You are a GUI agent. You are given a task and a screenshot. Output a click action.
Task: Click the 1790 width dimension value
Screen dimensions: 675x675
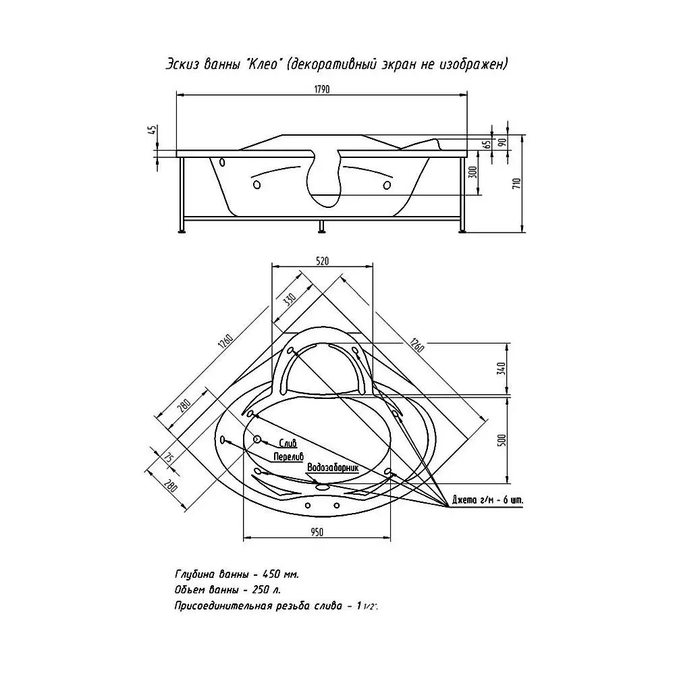pos(322,89)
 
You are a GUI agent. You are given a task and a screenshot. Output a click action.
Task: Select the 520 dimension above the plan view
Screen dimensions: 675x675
pos(322,261)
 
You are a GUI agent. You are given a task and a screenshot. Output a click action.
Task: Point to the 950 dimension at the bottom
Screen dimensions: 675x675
pos(317,533)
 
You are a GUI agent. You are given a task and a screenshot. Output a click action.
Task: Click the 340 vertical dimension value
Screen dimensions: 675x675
pos(501,369)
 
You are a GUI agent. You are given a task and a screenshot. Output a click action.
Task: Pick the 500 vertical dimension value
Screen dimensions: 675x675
pos(501,440)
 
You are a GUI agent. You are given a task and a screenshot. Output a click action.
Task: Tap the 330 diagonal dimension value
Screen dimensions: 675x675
pos(290,299)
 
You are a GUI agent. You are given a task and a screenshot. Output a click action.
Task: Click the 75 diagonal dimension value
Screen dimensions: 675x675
pos(168,458)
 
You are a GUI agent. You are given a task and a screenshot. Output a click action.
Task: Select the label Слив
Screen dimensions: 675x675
pos(288,443)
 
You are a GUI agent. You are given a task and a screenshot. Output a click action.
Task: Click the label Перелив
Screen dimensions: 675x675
pos(288,456)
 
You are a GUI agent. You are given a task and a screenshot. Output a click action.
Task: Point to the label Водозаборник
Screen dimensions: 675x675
pos(332,468)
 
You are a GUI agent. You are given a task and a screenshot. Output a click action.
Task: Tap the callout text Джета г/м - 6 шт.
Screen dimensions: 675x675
pos(488,500)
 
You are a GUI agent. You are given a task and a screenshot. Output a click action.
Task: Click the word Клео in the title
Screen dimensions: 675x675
pos(265,64)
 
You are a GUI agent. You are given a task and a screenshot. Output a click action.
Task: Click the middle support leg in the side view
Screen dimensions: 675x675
pos(321,227)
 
